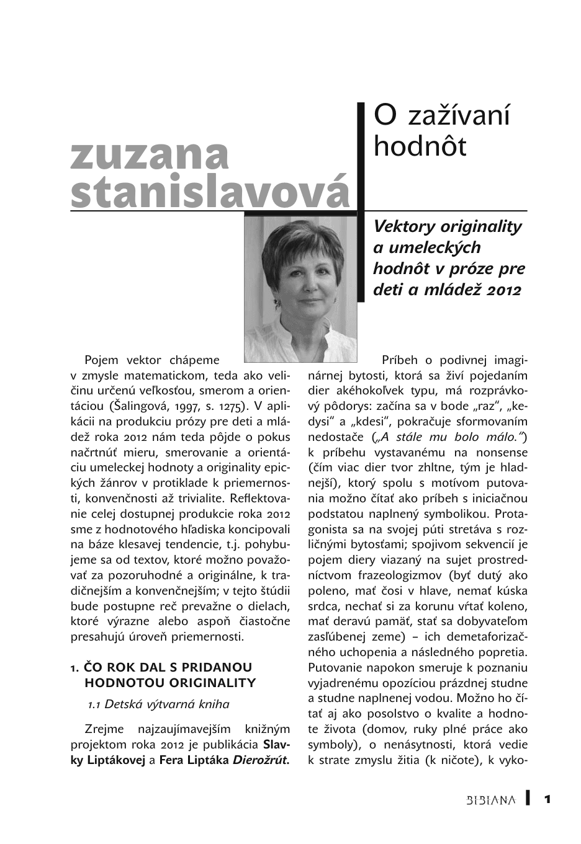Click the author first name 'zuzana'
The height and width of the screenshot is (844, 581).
tap(150, 156)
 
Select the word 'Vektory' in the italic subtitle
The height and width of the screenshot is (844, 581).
tap(402, 226)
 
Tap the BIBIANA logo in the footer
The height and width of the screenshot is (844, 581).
tap(490, 800)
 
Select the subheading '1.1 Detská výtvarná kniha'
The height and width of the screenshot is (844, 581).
tap(158, 704)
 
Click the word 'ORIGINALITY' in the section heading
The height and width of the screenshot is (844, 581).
tap(214, 683)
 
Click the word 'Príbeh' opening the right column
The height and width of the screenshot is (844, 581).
tap(399, 360)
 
